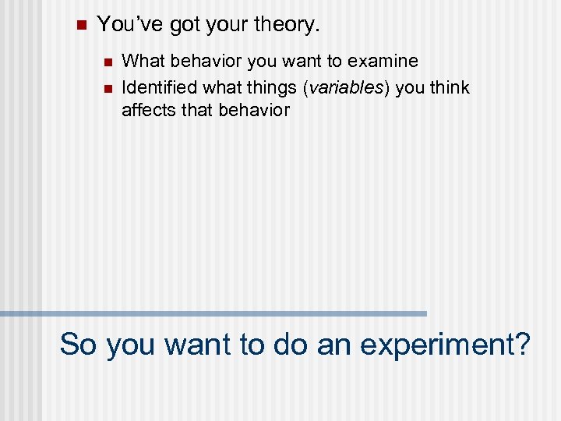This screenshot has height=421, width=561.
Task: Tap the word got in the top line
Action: point(184,25)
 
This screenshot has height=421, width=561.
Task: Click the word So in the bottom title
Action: point(79,344)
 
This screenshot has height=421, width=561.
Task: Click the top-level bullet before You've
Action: point(79,25)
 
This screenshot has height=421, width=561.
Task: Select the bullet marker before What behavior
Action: point(106,62)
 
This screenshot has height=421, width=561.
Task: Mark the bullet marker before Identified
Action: point(106,87)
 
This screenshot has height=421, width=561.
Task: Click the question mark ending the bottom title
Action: point(522,344)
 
